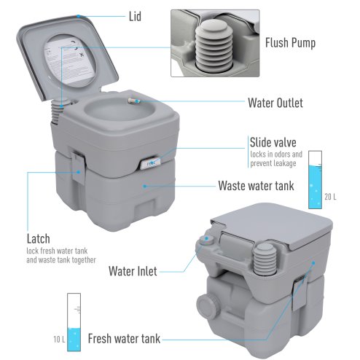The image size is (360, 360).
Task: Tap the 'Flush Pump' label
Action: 291,43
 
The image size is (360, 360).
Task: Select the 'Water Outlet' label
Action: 275,103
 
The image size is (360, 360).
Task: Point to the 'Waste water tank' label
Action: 257,186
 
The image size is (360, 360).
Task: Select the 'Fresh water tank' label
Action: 125,339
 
